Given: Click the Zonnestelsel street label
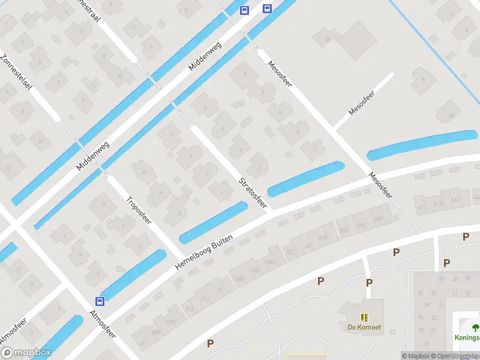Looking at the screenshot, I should click(16, 78).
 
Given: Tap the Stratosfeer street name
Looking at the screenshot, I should click(252, 192).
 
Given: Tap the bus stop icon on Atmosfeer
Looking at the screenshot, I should click(100, 301).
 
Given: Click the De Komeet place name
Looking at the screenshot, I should click(364, 328).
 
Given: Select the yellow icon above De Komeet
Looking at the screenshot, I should click(364, 317).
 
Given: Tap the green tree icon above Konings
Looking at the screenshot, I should click(475, 327).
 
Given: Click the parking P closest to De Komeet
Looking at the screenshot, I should click(369, 283).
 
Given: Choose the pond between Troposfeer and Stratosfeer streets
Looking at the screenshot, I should click(213, 222).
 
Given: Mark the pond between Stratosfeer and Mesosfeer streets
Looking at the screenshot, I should click(306, 179).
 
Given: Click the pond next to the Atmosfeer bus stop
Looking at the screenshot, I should click(133, 274).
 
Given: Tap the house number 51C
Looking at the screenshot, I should click(205, 299).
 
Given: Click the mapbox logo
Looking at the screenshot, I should click(25, 353).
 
